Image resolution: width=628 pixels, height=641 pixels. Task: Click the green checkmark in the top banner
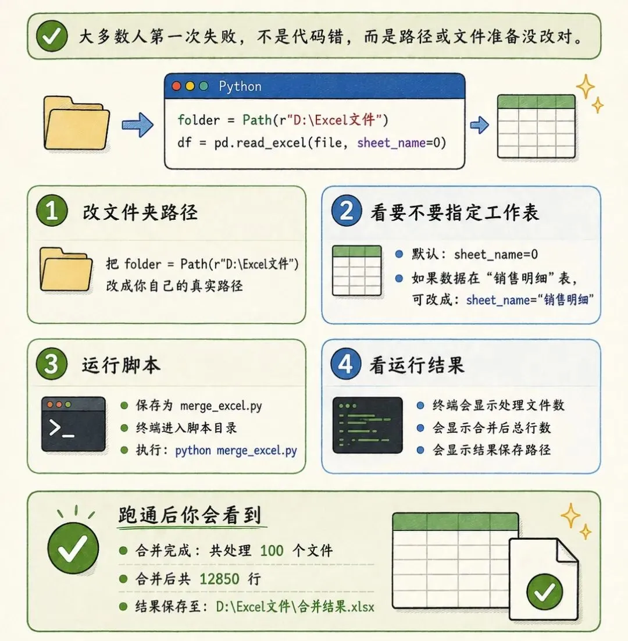point(52,36)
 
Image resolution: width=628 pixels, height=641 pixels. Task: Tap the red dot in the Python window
point(177,86)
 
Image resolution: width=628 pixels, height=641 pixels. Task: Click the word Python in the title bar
point(240,86)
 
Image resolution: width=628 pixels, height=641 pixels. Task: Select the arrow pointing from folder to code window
point(138,124)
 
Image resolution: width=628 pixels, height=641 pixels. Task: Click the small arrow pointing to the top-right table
point(479,124)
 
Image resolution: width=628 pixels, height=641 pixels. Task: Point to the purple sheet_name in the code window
point(391,143)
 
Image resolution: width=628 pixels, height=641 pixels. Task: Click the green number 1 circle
point(52,211)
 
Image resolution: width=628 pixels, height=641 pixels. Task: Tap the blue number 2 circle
point(347,211)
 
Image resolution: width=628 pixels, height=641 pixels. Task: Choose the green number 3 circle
point(52,364)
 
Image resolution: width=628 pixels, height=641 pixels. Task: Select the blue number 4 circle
point(345,364)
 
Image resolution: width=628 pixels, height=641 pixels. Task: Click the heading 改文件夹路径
point(140,212)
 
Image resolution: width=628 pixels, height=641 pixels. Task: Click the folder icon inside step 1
point(66,269)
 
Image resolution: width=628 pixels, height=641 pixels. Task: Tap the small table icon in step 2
point(356,270)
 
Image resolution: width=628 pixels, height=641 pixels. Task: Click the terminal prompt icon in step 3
point(73,424)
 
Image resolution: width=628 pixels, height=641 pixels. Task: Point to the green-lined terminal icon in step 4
point(367,425)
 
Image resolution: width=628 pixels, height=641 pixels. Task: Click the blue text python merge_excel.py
point(235,450)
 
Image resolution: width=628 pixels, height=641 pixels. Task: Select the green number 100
point(272,551)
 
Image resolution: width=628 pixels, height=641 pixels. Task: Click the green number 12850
point(219,579)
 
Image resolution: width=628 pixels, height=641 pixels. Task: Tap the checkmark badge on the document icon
point(545,592)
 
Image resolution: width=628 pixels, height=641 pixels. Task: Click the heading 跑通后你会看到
point(190,515)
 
